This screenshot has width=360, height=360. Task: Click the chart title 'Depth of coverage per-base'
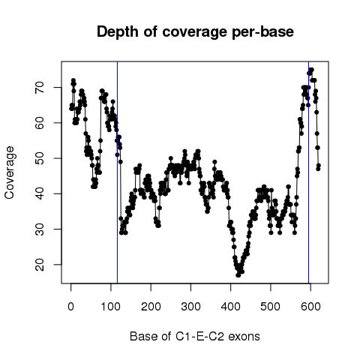tap(195, 32)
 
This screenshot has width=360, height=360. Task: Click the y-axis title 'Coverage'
tap(10, 172)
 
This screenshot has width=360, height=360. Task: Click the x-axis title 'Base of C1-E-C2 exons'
tap(195, 337)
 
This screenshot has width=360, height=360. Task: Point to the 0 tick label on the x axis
tap(70, 307)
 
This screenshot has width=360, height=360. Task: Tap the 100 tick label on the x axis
tap(111, 307)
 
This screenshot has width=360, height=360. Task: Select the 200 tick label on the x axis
tap(151, 307)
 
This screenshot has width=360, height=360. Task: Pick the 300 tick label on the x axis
tap(190, 307)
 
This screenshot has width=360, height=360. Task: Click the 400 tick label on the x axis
tap(230, 307)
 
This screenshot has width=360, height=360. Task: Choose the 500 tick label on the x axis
tap(271, 307)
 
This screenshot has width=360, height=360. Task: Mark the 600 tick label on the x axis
tap(310, 307)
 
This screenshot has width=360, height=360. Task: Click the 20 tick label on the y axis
tap(40, 265)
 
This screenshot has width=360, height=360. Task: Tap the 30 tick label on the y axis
tap(40, 229)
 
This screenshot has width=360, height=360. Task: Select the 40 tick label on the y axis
tap(40, 193)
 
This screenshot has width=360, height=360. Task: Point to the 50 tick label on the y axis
tap(40, 158)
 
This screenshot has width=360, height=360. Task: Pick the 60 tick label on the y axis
tap(40, 123)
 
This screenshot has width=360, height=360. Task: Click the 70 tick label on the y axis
tap(40, 87)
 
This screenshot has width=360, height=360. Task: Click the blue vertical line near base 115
tap(117, 172)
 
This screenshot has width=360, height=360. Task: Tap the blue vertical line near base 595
tap(309, 172)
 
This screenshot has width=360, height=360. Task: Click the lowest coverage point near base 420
tap(238, 275)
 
